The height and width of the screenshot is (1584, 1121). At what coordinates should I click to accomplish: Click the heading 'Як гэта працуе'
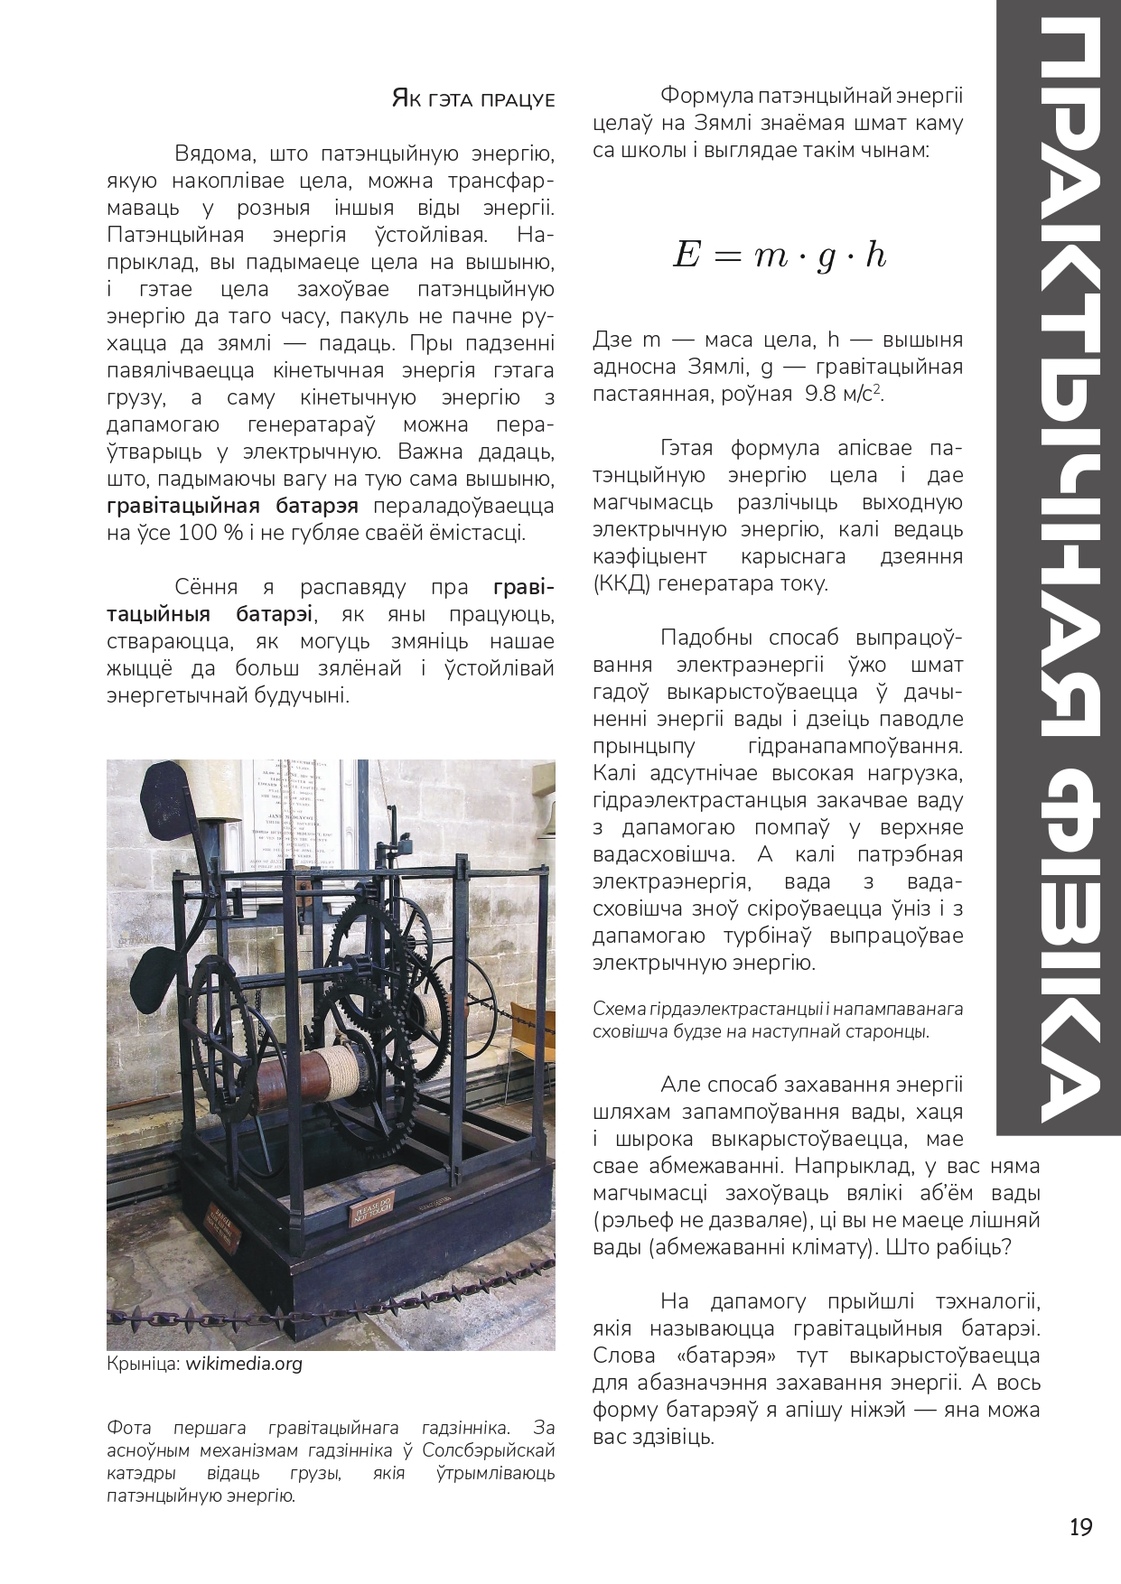click(x=472, y=98)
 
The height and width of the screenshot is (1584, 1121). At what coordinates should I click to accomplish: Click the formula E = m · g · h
click(x=779, y=256)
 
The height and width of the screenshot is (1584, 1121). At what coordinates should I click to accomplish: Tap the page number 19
click(x=1081, y=1527)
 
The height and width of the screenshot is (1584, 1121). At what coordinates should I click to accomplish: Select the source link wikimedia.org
click(x=244, y=1364)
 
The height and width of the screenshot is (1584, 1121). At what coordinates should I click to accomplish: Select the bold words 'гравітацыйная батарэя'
click(x=232, y=505)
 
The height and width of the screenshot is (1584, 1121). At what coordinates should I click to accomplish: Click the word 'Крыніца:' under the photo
click(x=144, y=1364)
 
